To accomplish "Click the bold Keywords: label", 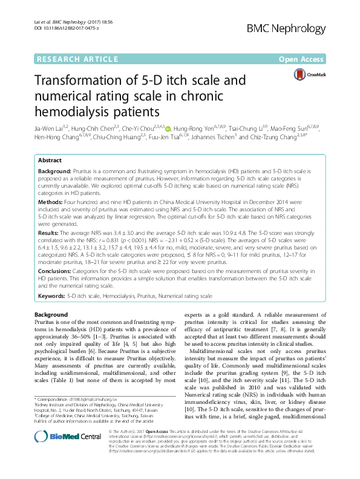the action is pos(51,296).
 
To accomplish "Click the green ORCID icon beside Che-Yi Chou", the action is pos(168,128).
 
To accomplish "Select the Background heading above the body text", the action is pos(51,315).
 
